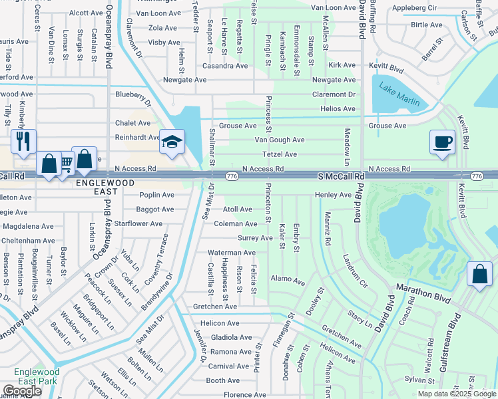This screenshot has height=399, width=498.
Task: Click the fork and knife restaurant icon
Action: pos(23,141)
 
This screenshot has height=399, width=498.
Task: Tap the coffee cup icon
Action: pos(442,142)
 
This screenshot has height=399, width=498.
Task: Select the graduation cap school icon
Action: pos(172,142)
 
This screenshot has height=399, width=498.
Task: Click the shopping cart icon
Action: pos(65,162)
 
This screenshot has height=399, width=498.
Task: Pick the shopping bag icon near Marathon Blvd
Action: pos(479,274)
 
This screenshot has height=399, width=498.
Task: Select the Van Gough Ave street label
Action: pos(280,140)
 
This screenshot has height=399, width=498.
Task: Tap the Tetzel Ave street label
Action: pos(280,154)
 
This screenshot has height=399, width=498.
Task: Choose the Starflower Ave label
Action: pos(138,224)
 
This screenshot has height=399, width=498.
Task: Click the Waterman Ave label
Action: pos(231,253)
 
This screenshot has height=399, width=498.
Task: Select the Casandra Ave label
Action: pos(225,66)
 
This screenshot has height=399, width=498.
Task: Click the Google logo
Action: pos(22,391)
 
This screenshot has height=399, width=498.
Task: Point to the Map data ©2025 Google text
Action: pos(456,394)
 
